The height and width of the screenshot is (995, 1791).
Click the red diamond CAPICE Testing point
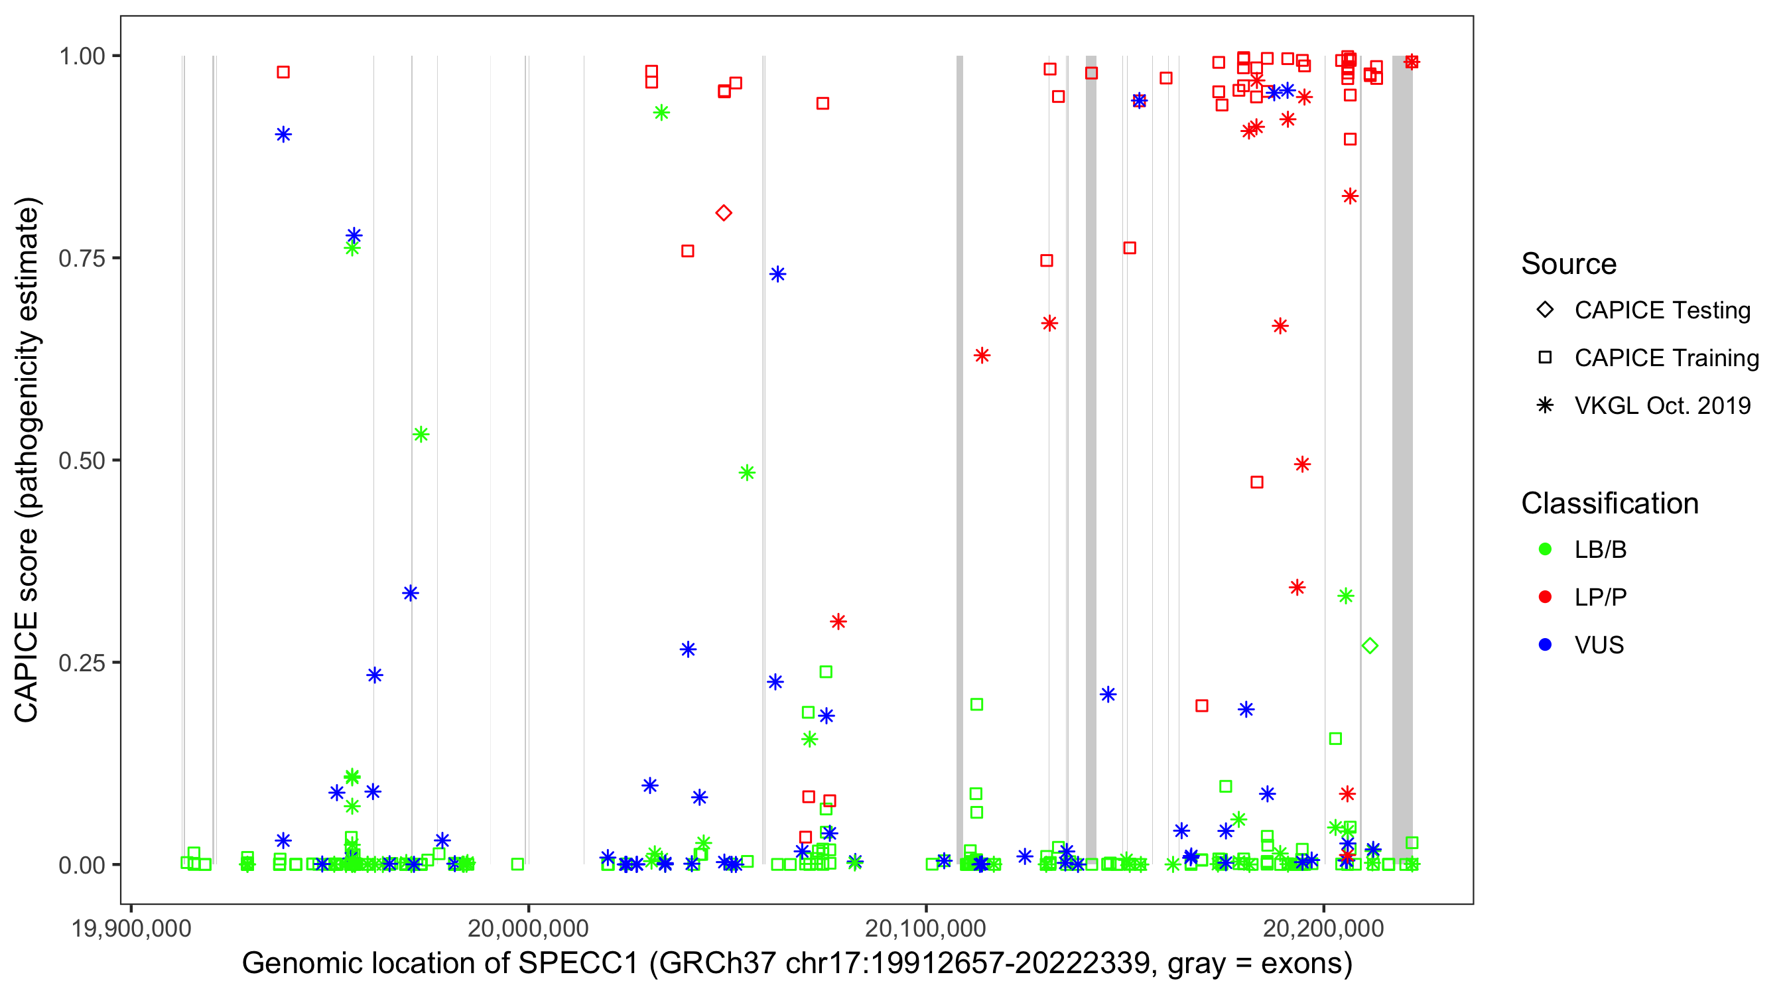pyautogui.click(x=723, y=213)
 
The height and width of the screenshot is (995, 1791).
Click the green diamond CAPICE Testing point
pyautogui.click(x=1370, y=646)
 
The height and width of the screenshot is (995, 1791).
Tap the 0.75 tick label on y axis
pyautogui.click(x=82, y=258)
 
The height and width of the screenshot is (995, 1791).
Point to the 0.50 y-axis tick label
pyautogui.click(x=82, y=460)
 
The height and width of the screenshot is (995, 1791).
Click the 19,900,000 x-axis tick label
pyautogui.click(x=131, y=928)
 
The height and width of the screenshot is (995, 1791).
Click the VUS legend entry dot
pyautogui.click(x=1545, y=645)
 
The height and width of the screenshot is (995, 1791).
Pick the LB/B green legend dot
pyautogui.click(x=1545, y=549)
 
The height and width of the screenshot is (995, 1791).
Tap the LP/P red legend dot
pyautogui.click(x=1545, y=597)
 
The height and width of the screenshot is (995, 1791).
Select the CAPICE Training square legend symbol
pyautogui.click(x=1545, y=358)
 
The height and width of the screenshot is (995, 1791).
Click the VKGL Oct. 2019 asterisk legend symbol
pyautogui.click(x=1545, y=405)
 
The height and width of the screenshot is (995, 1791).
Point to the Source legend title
pyautogui.click(x=1569, y=264)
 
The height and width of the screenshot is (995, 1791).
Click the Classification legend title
pyautogui.click(x=1609, y=503)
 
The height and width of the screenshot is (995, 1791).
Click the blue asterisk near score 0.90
pyautogui.click(x=283, y=134)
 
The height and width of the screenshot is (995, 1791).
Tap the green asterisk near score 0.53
pyautogui.click(x=421, y=434)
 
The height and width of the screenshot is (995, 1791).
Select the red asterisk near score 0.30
pyautogui.click(x=838, y=622)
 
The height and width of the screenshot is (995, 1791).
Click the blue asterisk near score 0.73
pyautogui.click(x=777, y=274)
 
